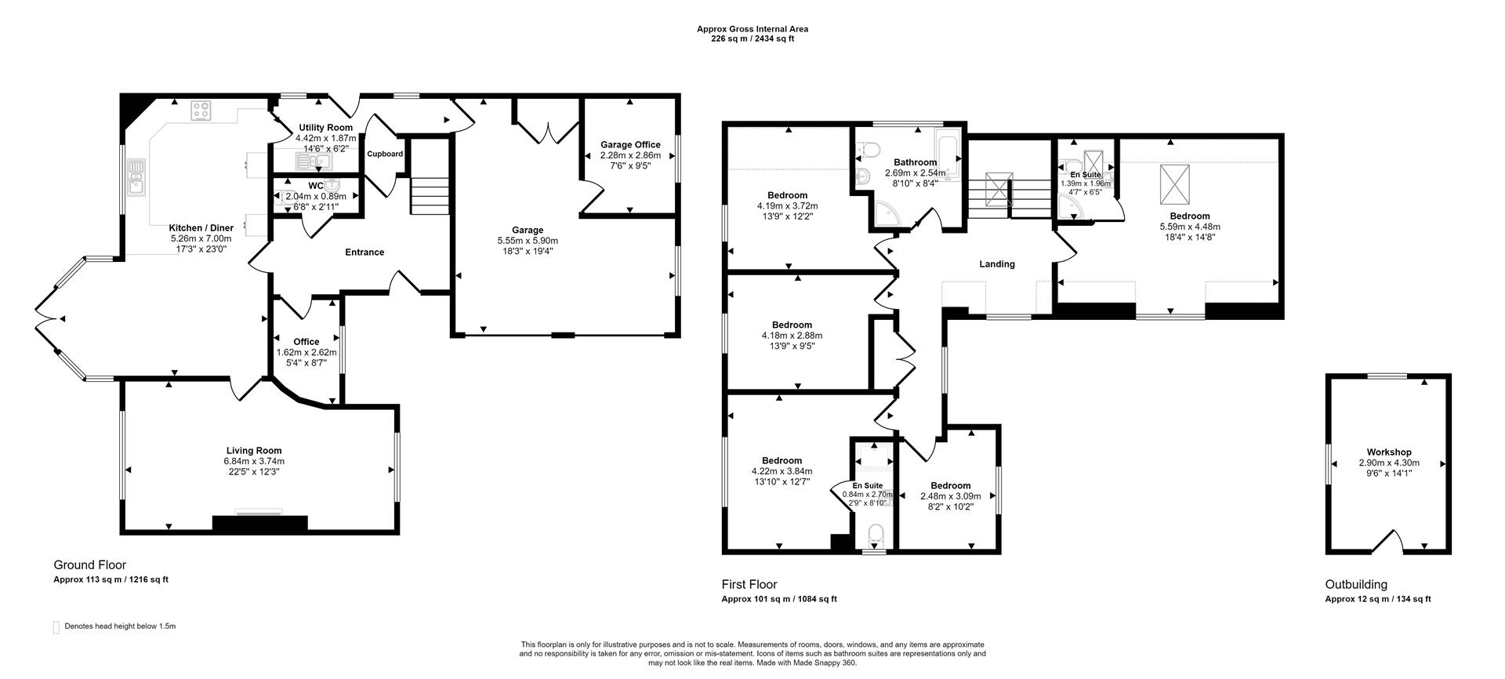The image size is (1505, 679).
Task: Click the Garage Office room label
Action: coord(630,144)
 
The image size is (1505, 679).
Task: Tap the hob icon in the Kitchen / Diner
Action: coord(201,111)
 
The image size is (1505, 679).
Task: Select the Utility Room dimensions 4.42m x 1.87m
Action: coord(325,137)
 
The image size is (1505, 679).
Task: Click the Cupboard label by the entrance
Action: coord(385,154)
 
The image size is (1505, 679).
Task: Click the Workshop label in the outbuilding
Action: coord(1389,452)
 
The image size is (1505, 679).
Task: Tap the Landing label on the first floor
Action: coord(997,264)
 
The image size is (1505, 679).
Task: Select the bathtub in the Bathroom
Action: coord(947,154)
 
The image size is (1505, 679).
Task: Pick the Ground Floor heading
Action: coord(89,565)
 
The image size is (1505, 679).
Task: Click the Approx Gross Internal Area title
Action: coord(752,29)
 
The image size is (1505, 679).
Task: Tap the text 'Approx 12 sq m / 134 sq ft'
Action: coord(1377,599)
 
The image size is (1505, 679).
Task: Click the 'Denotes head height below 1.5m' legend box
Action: coord(56,627)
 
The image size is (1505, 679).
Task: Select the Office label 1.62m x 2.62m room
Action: coord(306,342)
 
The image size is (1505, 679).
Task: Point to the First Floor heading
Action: coord(749,584)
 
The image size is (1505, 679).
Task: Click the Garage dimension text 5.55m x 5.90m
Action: coord(528,240)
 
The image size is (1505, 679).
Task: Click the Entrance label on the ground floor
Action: coord(364,252)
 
